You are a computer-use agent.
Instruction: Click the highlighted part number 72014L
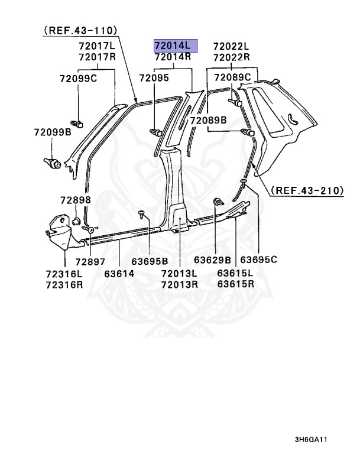pos(173,45)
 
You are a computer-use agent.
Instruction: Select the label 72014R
pos(173,57)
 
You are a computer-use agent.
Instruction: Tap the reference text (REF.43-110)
pos(80,30)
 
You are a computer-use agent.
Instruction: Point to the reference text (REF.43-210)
pos(307,190)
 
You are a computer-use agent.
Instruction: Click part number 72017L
pos(97,46)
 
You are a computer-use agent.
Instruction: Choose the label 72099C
pos(78,78)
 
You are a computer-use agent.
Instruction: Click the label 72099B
pos(52,133)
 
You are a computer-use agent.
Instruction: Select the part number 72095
pos(154,78)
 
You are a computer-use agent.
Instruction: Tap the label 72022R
pos(231,57)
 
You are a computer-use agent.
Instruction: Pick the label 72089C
pos(232,77)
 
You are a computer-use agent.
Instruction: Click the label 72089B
pos(208,121)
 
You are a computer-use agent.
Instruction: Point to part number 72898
pos(75,200)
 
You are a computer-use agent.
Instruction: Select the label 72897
pos(90,261)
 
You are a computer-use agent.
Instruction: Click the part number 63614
pos(119,274)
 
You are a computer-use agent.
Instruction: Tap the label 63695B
pos(150,261)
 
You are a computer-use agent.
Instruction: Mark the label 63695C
pos(259,261)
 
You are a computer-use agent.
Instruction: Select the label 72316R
pos(64,284)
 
